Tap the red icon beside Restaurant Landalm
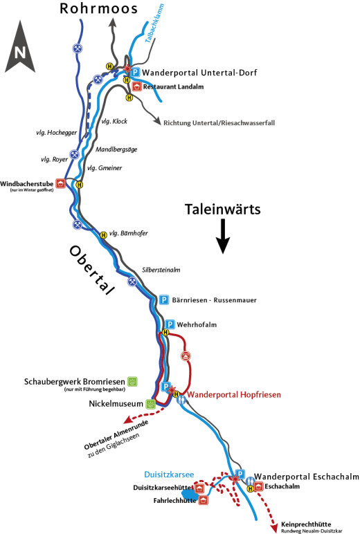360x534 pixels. tap(136, 87)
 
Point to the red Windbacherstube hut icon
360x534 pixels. tap(61, 184)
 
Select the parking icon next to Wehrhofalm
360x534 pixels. tap(170, 324)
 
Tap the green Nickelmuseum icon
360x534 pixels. tap(151, 403)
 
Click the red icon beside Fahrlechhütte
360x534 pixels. tap(203, 500)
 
